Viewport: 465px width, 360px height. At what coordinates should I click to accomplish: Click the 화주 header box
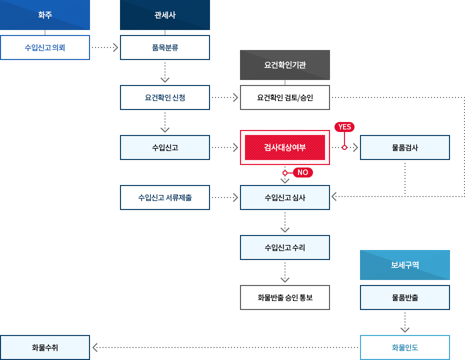pos(45,15)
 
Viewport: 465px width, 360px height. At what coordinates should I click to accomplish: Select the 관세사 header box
pos(165,15)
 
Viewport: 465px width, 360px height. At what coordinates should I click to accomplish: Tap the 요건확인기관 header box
pos(285,65)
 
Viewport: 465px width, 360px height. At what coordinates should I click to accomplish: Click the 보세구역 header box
pos(405,265)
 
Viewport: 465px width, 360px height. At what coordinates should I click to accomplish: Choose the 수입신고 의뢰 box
pos(45,47)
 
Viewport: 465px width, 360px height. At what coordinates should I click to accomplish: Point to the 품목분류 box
pos(165,47)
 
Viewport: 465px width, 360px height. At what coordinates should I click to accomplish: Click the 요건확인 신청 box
pos(165,97)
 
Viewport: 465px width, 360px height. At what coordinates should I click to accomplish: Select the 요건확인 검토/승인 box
pos(285,97)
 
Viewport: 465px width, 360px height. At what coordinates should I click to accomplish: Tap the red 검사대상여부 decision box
pos(285,147)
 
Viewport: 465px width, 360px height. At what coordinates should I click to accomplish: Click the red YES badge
pos(344,127)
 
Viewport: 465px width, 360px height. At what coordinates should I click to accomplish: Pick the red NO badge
pos(302,172)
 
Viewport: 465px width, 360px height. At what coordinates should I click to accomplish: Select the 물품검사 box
pos(405,147)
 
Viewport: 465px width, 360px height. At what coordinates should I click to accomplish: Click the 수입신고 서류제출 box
pos(165,197)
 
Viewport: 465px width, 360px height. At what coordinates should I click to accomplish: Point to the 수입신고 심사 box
pos(285,197)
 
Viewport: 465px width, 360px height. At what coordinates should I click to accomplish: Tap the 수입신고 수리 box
pos(285,247)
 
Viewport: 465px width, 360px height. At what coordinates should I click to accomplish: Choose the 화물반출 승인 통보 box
pos(285,297)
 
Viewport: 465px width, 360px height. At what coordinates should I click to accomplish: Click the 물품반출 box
pos(405,297)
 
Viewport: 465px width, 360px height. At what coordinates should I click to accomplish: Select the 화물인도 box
pos(405,347)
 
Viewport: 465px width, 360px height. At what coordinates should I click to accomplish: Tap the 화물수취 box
pos(45,347)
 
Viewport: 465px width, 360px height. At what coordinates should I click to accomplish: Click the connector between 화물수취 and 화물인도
pos(225,347)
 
